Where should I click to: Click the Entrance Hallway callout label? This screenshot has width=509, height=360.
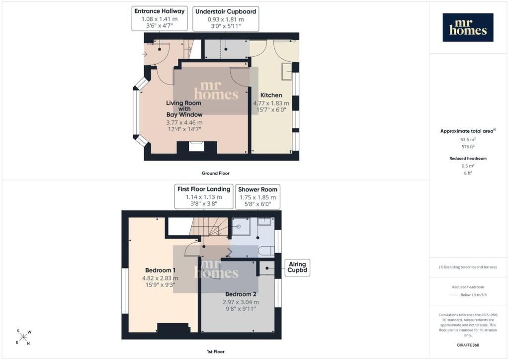[x=160, y=11]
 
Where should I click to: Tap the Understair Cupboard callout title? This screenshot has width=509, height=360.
[x=226, y=11]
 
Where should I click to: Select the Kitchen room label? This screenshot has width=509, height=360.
[x=271, y=95]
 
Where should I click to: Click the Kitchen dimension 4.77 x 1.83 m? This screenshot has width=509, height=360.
[x=271, y=103]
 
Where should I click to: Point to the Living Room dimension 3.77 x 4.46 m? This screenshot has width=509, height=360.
[x=184, y=123]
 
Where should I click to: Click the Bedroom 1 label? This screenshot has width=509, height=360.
[x=161, y=270]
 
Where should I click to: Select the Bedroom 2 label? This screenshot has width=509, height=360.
[x=241, y=294]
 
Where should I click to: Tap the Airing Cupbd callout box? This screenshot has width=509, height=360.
[x=297, y=268]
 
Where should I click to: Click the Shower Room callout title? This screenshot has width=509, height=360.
[x=258, y=189]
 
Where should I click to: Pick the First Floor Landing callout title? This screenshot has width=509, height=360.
[x=204, y=189]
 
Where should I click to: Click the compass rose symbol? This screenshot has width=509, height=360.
[x=24, y=337]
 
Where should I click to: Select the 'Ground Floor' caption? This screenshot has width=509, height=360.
[x=216, y=174]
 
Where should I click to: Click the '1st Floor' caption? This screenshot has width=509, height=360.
[x=216, y=352]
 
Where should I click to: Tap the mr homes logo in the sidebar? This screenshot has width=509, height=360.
[x=468, y=27]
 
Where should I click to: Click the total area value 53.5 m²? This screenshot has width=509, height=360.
[x=468, y=140]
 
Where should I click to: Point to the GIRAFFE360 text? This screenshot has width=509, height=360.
[x=468, y=345]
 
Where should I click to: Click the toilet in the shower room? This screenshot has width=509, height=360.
[x=267, y=251]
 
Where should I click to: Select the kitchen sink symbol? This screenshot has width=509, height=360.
[x=287, y=71]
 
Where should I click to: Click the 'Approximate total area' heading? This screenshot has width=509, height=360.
[x=468, y=131]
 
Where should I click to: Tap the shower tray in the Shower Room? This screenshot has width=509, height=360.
[x=241, y=226]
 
